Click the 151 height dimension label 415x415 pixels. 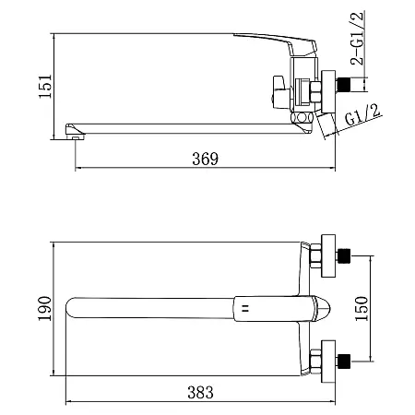[45, 87]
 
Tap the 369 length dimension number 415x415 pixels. [205, 159]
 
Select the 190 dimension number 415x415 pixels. [44, 309]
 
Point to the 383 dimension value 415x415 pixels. [200, 393]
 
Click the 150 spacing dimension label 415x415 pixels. [362, 309]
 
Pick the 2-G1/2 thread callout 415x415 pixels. [357, 38]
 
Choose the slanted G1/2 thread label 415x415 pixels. [362, 114]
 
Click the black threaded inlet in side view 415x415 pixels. [344, 85]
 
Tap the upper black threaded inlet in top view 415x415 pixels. [344, 255]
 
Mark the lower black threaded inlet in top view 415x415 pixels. [344, 362]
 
